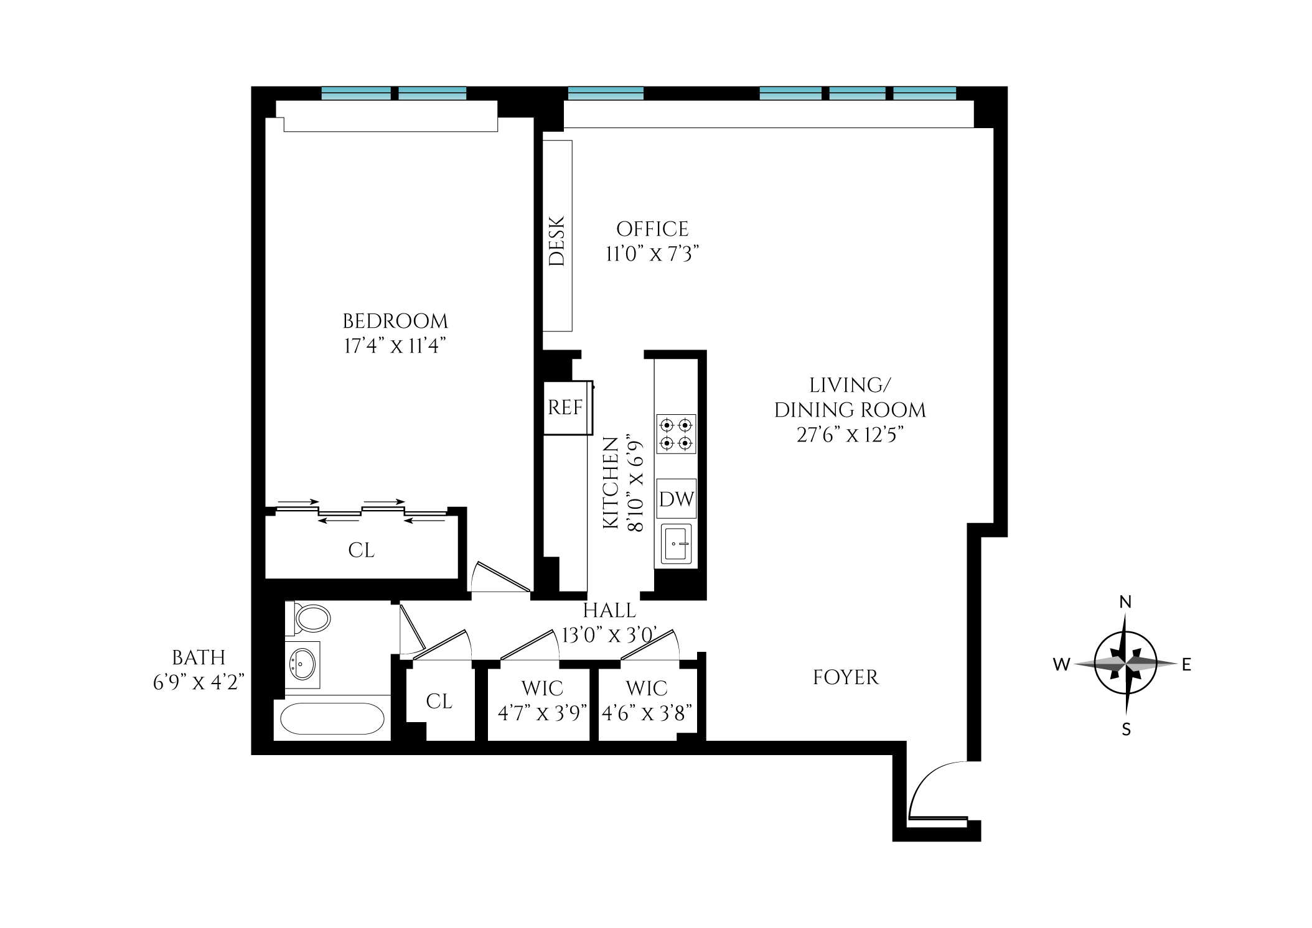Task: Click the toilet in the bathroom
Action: coord(310,618)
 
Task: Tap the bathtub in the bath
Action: coord(332,719)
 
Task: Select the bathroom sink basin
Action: coord(303,664)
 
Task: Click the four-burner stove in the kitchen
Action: coord(676,434)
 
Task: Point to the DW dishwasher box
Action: coord(677,498)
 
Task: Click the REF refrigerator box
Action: coord(565,408)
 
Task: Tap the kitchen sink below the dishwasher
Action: coord(677,544)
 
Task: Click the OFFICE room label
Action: coord(652,229)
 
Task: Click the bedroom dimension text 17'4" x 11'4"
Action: coord(395,346)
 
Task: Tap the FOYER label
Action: coord(846,677)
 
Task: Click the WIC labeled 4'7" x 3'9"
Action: coord(542,701)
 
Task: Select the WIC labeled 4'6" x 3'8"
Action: coord(647,701)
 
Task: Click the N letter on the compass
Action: coord(1125,602)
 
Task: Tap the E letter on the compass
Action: coord(1186,665)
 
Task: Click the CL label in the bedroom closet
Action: coord(362,550)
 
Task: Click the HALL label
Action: coord(609,611)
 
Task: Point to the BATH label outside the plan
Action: coord(199,657)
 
